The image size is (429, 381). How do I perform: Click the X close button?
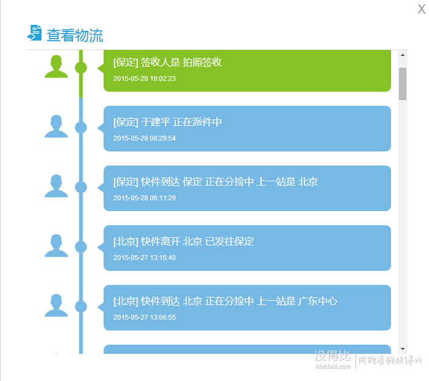(422, 9)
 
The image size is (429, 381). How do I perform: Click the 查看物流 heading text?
(75, 36)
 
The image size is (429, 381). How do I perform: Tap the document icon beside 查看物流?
(35, 33)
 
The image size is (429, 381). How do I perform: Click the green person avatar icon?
(56, 66)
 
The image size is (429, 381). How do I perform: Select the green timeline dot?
(81, 67)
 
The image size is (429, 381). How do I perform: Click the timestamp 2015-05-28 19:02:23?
(145, 79)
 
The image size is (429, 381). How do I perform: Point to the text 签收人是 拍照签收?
(181, 63)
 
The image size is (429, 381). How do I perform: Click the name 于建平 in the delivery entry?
(156, 122)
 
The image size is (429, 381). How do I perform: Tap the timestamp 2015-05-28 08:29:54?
(145, 138)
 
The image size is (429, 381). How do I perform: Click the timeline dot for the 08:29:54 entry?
(81, 128)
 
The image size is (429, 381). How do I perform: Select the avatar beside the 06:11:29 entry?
(56, 186)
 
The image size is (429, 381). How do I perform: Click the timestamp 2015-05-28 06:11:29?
(145, 198)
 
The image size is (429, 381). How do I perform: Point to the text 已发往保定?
(230, 242)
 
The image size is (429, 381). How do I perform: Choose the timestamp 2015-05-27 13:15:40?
(145, 258)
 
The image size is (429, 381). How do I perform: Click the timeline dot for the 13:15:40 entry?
(81, 247)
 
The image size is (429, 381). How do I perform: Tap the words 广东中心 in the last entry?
(317, 301)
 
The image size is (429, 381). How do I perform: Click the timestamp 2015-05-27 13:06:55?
(145, 317)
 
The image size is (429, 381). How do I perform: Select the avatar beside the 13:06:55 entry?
(56, 306)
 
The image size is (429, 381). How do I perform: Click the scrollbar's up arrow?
(403, 55)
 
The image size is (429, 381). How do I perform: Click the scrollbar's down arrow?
(403, 349)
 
